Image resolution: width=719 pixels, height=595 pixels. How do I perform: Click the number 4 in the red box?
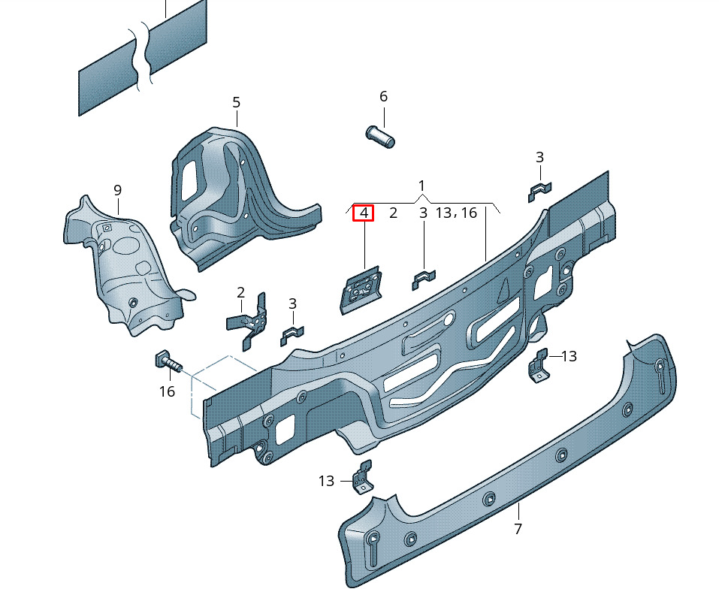point(364,213)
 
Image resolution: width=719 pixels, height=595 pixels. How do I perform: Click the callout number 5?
point(236,102)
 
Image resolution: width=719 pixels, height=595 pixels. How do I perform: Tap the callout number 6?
point(383,96)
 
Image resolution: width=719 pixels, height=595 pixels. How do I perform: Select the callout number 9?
point(117,190)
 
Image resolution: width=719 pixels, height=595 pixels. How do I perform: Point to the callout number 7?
point(518,529)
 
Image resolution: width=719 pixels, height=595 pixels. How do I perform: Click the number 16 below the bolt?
point(167,391)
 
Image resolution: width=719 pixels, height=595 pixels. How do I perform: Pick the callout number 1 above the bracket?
point(421,186)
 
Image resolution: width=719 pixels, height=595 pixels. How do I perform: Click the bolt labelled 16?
point(168,361)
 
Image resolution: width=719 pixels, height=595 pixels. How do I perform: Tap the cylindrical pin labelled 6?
point(380,137)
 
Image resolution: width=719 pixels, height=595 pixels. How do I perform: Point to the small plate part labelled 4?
point(361,290)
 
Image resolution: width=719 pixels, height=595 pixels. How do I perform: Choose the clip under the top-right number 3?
point(539,192)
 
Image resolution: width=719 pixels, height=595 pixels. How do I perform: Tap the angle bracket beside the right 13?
point(539,365)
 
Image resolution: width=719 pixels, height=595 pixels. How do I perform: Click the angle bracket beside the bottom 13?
point(363,477)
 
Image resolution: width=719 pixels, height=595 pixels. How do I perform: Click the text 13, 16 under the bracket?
point(456,213)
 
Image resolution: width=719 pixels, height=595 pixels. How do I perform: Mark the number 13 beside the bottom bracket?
point(326,481)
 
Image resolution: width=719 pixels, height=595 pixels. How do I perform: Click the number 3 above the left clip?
point(292,304)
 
